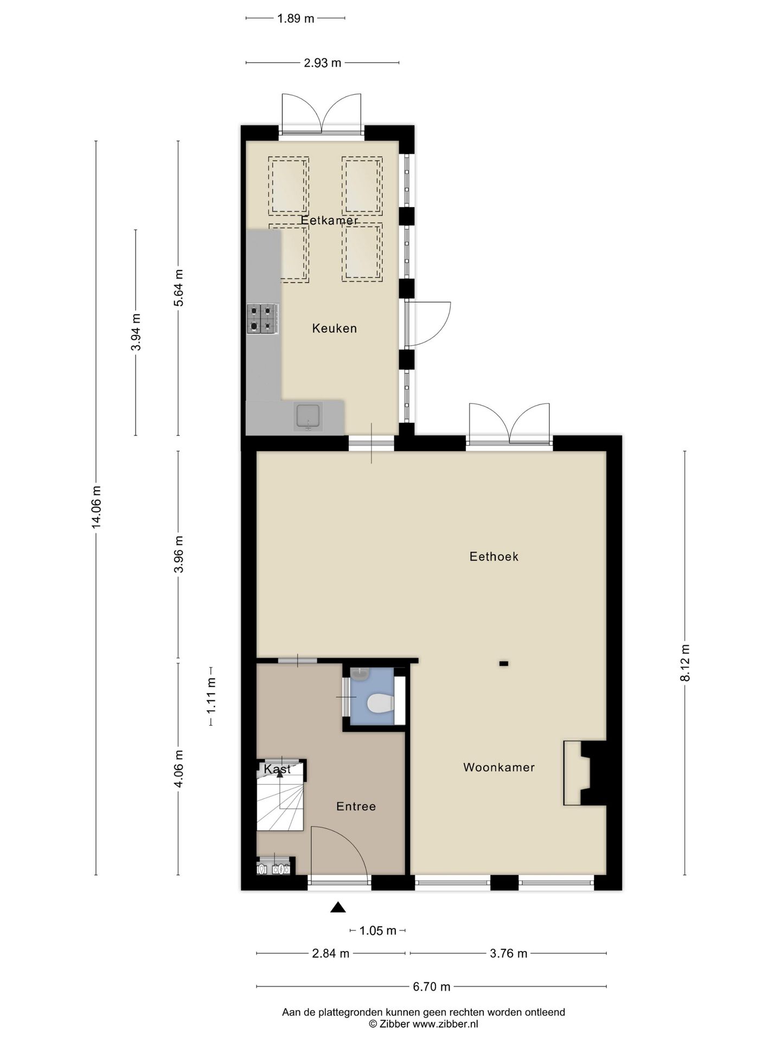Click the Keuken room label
(x=334, y=328)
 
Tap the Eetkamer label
(x=329, y=221)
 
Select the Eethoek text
(x=494, y=556)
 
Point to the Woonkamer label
(x=499, y=767)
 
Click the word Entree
(x=356, y=806)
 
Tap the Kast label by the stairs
(x=277, y=769)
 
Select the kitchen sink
(x=309, y=416)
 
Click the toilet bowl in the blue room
(x=380, y=704)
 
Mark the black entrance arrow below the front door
(x=338, y=907)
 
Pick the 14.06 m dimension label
(x=96, y=507)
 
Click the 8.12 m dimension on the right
(x=685, y=663)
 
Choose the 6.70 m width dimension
(x=432, y=987)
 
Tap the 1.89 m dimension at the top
(x=296, y=18)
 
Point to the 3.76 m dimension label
(x=509, y=953)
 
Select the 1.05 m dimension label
(x=379, y=930)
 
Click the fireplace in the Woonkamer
(x=585, y=773)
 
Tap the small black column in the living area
(x=504, y=663)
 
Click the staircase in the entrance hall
(x=280, y=800)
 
